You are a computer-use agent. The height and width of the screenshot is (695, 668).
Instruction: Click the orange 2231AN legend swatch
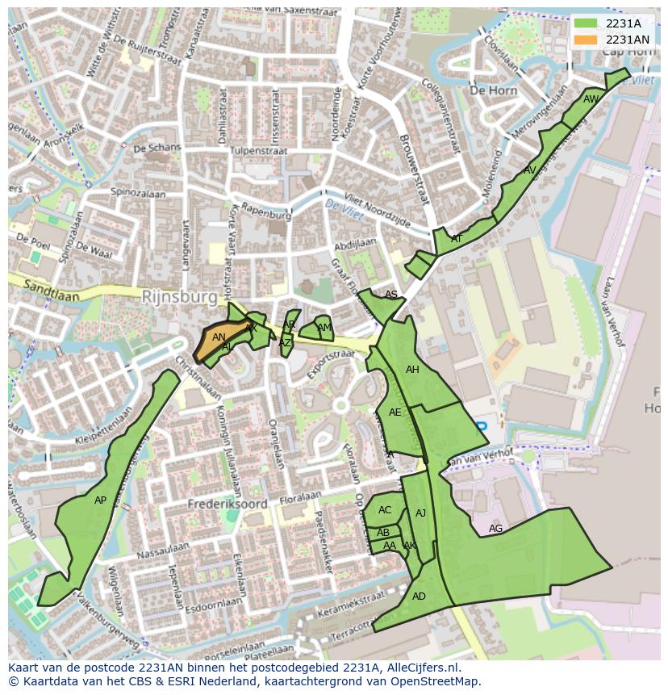coord(586,40)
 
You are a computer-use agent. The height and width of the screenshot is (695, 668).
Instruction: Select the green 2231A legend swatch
coord(586,23)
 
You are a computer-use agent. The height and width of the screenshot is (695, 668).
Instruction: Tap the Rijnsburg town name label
coord(179,297)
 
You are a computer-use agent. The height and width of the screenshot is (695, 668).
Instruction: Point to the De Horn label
coord(493,90)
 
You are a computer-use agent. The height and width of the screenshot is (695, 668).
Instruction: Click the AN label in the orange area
coord(219,337)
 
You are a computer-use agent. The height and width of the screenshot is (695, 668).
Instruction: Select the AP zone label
coord(100,500)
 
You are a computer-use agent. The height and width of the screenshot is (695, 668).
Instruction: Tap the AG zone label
coord(495,529)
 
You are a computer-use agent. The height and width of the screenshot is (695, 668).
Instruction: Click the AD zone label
coord(419,597)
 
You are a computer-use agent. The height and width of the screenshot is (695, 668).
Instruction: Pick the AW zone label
coord(591,99)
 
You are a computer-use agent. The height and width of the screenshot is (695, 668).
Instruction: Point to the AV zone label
coord(529,170)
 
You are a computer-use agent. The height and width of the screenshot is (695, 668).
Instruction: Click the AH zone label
coord(412,370)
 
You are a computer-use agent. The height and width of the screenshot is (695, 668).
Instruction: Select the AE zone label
coord(395,412)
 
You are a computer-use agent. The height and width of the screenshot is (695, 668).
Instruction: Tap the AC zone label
coord(385,510)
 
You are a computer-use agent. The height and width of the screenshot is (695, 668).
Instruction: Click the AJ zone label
coord(420,513)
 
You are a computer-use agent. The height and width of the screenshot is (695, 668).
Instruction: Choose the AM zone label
coord(324,328)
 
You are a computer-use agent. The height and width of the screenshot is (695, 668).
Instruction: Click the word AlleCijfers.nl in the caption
coord(421,668)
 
